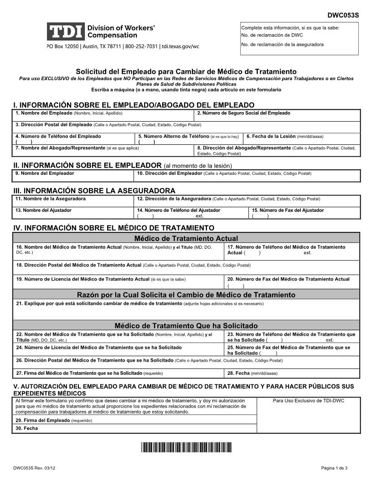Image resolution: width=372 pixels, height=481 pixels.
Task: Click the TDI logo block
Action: click(x=66, y=31)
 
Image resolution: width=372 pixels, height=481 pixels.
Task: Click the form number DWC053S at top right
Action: click(x=343, y=15)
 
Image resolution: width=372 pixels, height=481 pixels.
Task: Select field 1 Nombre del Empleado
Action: click(x=104, y=115)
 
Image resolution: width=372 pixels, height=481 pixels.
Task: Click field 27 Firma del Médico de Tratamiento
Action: click(x=119, y=374)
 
